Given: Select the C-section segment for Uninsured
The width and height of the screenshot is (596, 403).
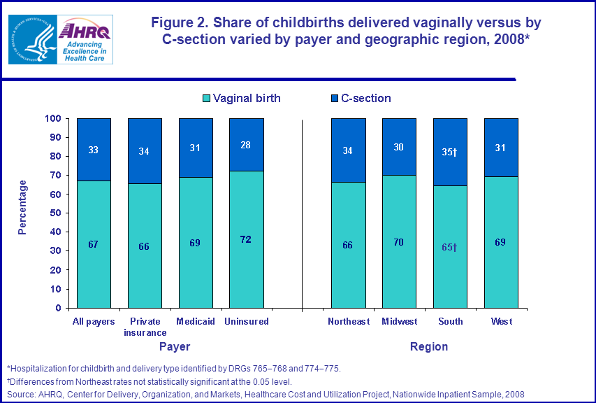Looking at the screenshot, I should pyautogui.click(x=247, y=145).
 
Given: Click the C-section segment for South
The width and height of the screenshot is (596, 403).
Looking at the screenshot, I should pyautogui.click(x=450, y=152).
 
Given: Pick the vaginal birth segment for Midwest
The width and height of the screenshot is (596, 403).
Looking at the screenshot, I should pyautogui.click(x=399, y=241).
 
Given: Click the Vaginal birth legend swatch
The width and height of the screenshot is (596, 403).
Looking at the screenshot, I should pyautogui.click(x=206, y=99).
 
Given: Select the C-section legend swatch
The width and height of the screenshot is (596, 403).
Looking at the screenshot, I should pyautogui.click(x=334, y=99).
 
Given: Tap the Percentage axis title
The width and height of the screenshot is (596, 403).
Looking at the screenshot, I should pyautogui.click(x=22, y=207).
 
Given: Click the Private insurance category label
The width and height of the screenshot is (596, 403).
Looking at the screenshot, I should pyautogui.click(x=145, y=327).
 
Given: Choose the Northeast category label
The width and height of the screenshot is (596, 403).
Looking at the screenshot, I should pyautogui.click(x=348, y=322).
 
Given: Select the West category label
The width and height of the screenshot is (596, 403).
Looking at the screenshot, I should pyautogui.click(x=501, y=322).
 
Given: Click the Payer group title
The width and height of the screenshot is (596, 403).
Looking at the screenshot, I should pyautogui.click(x=174, y=346).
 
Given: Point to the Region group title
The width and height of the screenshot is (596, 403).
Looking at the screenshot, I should pyautogui.click(x=429, y=346).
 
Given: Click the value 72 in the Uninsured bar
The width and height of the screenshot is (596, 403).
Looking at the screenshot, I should pyautogui.click(x=246, y=239).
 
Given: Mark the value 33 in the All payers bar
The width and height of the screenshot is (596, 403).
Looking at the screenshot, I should pyautogui.click(x=94, y=149).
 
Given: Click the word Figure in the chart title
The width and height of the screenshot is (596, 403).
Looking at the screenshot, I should pyautogui.click(x=175, y=22).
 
